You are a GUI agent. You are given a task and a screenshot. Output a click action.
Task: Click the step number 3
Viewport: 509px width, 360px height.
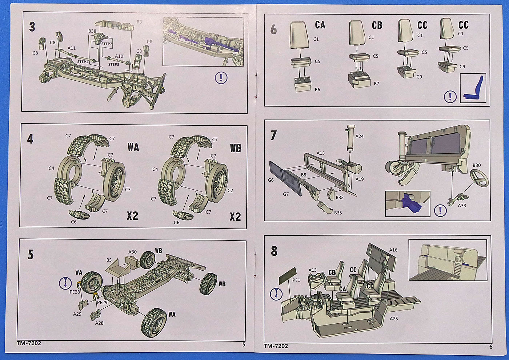pos(32,27)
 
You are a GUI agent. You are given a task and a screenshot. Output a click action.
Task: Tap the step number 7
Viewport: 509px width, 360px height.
pos(274,135)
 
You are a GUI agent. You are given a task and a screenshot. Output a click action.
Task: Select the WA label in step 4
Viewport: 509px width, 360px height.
pos(133,147)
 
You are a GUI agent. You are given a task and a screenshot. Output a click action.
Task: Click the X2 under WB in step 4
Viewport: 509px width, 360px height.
pos(235,217)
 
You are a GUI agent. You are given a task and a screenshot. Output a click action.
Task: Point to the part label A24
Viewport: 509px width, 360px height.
pos(359,136)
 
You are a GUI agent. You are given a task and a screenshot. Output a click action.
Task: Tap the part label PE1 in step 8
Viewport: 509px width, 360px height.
pos(296,280)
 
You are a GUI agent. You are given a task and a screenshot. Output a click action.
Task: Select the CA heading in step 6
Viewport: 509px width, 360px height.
pos(320,25)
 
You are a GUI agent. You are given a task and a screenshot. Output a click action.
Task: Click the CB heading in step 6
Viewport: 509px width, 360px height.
pos(377,25)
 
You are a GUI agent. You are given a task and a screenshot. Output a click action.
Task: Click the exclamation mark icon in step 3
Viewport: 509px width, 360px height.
pos(221,78)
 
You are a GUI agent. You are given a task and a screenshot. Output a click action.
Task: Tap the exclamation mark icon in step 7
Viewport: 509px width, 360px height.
pos(441,210)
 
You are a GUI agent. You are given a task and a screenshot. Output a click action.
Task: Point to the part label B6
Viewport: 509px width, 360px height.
pos(317,89)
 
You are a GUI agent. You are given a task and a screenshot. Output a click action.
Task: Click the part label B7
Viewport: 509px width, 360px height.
pos(376,84)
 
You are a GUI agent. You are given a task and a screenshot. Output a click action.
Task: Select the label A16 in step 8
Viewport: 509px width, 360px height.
pos(393,250)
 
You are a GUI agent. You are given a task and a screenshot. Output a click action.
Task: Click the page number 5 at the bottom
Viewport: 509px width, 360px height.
pos(244,344)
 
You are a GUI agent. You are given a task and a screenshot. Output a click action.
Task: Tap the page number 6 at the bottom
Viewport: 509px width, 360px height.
pos(491,346)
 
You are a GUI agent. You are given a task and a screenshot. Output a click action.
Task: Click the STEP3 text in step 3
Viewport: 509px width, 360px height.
pos(113,64)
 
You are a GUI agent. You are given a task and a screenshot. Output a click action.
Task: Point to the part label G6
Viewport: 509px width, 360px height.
pos(270,180)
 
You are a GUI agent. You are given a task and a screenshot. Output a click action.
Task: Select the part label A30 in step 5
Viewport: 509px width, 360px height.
pos(132,252)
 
